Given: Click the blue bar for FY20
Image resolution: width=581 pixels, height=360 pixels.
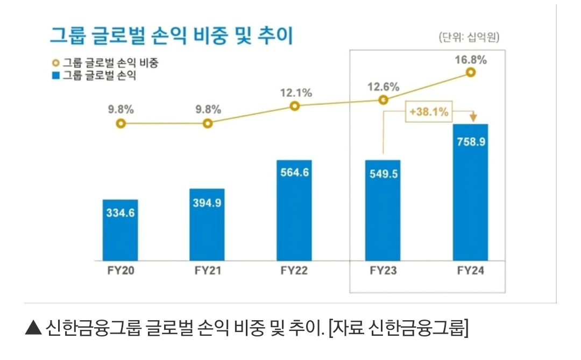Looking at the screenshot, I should click(120, 230).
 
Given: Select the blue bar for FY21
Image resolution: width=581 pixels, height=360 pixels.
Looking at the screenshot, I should click(207, 224).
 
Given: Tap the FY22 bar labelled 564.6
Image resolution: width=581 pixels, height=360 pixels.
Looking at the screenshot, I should click(294, 210).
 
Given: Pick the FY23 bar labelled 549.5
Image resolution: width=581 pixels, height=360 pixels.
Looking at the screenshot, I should click(382, 210).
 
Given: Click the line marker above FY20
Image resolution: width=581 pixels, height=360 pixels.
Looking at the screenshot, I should click(121, 124).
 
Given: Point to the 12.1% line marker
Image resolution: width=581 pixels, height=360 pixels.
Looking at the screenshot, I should click(295, 106).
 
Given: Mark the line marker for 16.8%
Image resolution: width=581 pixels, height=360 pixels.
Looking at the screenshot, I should click(471, 72).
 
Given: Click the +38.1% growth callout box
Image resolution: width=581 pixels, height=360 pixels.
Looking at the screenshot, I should click(429, 113).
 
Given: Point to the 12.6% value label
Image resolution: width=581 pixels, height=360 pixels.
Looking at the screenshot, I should click(383, 86).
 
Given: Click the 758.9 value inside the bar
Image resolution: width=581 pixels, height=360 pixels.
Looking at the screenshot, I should click(470, 144).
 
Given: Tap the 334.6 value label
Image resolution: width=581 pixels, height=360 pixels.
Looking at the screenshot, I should click(120, 213).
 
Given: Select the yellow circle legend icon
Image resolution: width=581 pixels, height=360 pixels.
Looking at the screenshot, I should click(55, 63).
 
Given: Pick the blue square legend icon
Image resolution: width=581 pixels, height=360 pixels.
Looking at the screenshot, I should click(55, 75).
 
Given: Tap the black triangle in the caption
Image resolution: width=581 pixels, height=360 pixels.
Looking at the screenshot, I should click(33, 328).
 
